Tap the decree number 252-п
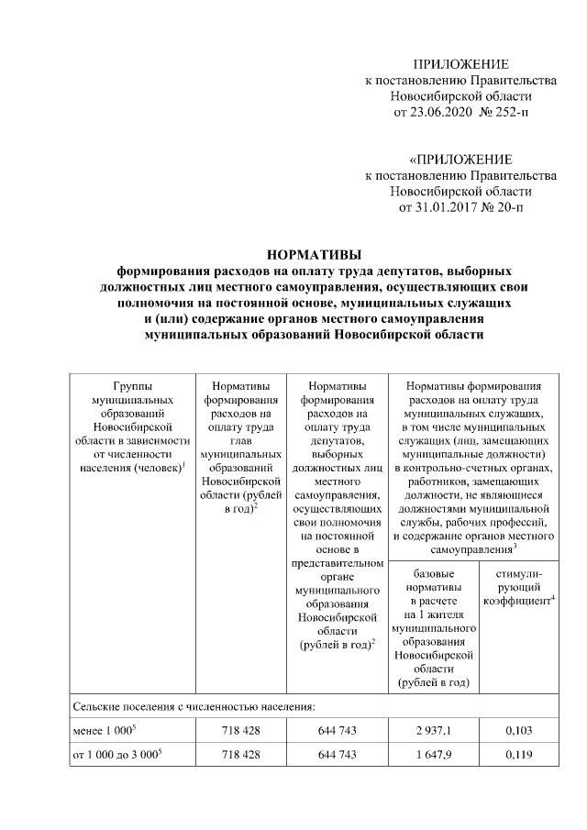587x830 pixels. (510, 113)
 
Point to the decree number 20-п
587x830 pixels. (510, 208)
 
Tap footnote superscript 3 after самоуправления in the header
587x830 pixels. (515, 546)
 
